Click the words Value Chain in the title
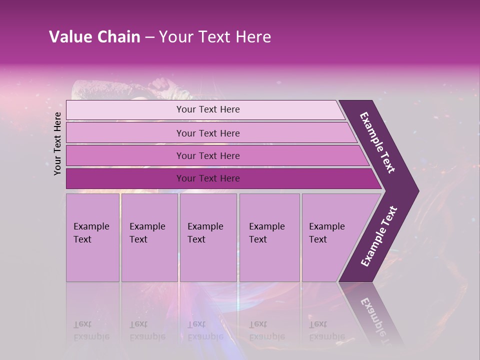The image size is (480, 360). pyautogui.click(x=94, y=37)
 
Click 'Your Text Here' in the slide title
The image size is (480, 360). pyautogui.click(x=215, y=37)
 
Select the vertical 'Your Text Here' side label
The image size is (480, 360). pyautogui.click(x=57, y=143)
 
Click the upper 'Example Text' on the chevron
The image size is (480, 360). pyautogui.click(x=377, y=142)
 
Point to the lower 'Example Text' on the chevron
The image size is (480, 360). pyautogui.click(x=378, y=236)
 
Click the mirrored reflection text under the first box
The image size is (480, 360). pyautogui.click(x=91, y=330)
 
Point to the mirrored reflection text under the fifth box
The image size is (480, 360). pyautogui.click(x=327, y=330)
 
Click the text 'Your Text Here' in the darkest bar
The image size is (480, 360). pyautogui.click(x=208, y=178)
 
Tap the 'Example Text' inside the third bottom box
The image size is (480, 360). pyautogui.click(x=205, y=233)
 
